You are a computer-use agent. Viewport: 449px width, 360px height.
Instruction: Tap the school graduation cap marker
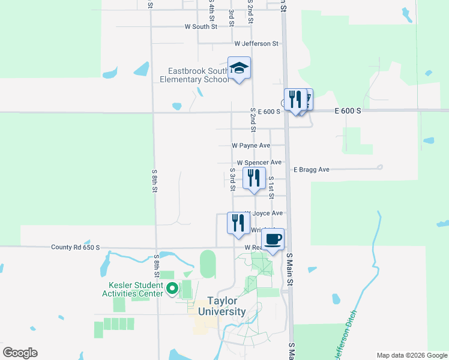coord(239,68)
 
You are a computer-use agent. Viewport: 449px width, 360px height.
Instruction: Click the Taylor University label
coord(218,306)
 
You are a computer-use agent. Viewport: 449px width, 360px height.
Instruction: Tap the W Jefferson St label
coord(256,43)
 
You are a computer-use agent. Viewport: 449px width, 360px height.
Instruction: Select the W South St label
coord(201,27)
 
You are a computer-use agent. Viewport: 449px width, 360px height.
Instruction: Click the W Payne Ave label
coord(251,145)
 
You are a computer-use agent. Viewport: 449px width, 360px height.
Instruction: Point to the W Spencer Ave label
coord(259,163)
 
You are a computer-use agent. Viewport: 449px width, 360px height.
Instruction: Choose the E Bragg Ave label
coord(312,170)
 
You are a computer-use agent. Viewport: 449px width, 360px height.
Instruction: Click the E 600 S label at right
coord(348,111)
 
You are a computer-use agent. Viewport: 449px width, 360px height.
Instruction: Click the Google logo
coord(20,352)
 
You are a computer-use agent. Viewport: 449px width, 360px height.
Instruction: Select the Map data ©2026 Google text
coord(411,355)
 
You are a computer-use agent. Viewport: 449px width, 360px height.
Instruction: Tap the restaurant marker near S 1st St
coord(254,178)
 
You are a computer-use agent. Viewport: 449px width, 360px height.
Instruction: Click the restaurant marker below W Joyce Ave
coord(238,223)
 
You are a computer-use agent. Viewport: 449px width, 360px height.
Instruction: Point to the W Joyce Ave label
coord(264,213)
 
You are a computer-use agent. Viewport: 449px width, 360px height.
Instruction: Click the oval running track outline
coord(208,264)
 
